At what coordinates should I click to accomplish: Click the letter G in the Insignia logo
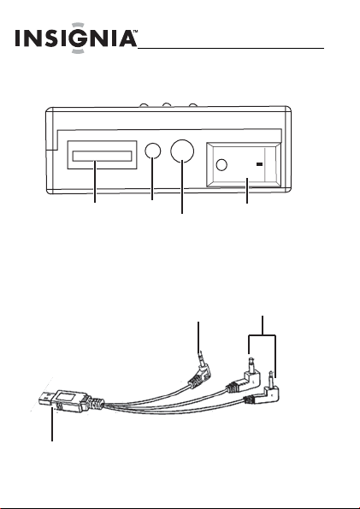pyautogui.click(x=77, y=38)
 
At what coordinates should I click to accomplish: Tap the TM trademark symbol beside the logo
pyautogui.click(x=135, y=32)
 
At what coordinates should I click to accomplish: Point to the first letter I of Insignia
pyautogui.click(x=17, y=38)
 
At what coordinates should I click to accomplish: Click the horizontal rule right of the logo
pyautogui.click(x=231, y=49)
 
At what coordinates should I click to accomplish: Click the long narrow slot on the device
pyautogui.click(x=102, y=156)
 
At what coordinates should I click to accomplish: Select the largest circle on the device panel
pyautogui.click(x=182, y=151)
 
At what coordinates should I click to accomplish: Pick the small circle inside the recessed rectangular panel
pyautogui.click(x=221, y=165)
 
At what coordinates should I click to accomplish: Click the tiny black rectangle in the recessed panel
pyautogui.click(x=259, y=164)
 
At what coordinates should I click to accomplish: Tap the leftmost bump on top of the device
pyautogui.click(x=144, y=105)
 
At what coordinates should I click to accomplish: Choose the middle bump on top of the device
pyautogui.click(x=167, y=105)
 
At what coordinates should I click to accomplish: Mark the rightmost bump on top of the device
pyautogui.click(x=192, y=105)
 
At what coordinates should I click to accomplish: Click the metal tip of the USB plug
pyautogui.click(x=46, y=399)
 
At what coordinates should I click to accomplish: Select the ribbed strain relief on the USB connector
pyautogui.click(x=98, y=403)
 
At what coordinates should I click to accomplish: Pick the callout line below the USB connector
pyautogui.click(x=52, y=424)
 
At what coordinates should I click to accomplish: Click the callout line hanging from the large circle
pyautogui.click(x=182, y=188)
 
